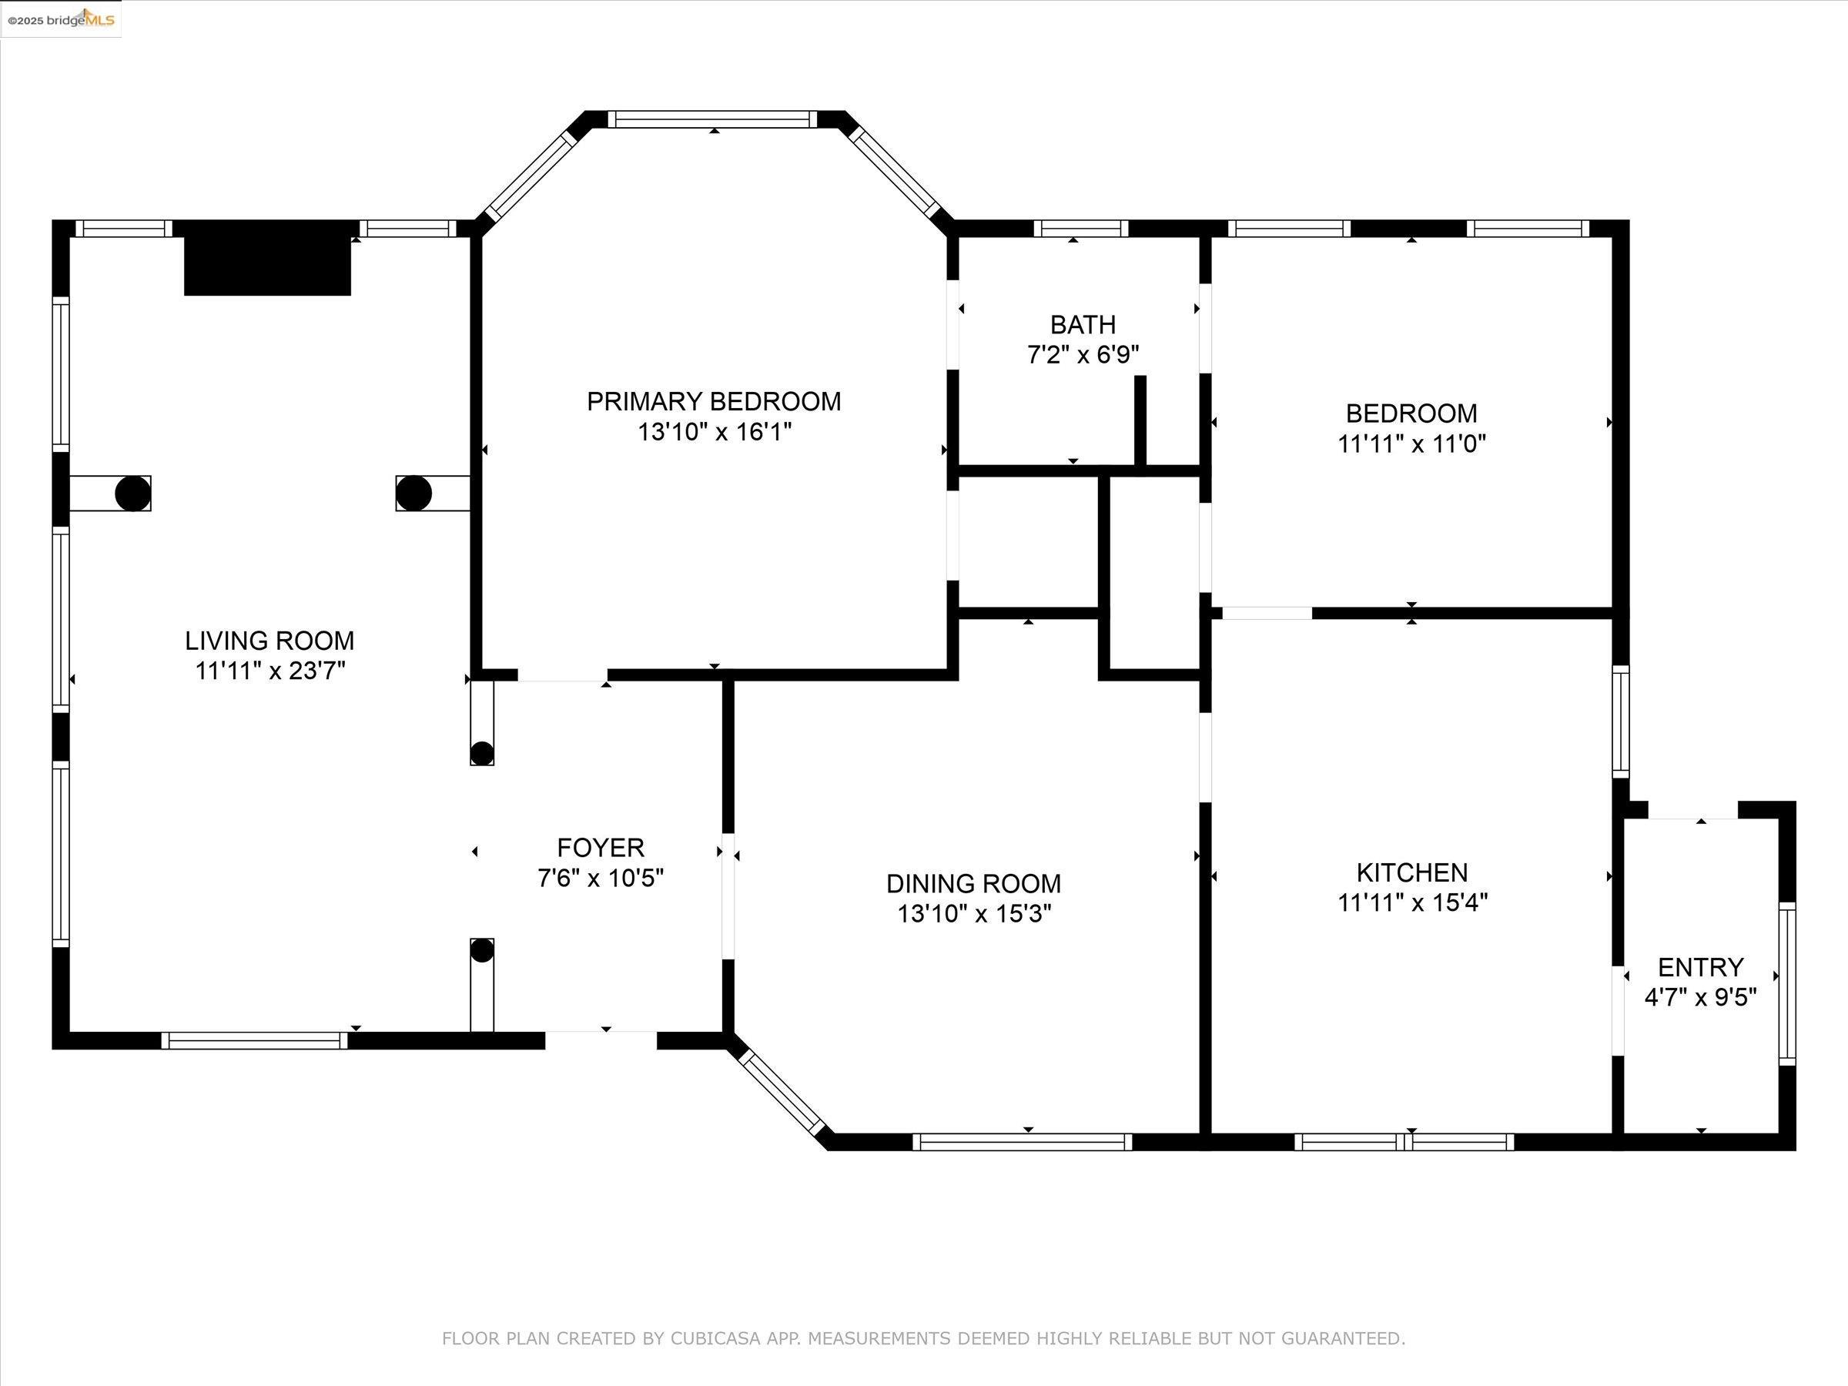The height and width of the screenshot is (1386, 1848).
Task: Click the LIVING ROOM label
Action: coord(269,641)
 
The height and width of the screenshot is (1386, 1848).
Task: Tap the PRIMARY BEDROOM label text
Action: coord(714,402)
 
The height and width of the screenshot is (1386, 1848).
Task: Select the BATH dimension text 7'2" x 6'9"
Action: coord(1083,355)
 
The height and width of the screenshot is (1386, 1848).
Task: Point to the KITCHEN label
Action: coord(1412,873)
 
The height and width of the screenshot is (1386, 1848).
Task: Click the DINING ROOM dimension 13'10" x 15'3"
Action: coord(974,914)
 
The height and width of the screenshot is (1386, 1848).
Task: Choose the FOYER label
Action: coord(601,848)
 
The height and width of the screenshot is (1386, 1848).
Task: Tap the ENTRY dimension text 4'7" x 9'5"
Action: coord(1700,997)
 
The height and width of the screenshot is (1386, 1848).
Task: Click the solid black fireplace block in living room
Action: coord(267,258)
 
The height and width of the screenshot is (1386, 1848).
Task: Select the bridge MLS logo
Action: coord(62,19)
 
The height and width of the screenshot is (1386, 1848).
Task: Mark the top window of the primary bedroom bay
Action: coord(712,119)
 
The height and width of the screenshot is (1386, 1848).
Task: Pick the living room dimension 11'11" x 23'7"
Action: coord(269,671)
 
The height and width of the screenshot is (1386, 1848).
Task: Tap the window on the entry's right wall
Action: coord(1787,984)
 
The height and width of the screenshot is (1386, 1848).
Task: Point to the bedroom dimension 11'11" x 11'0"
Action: coord(1412,444)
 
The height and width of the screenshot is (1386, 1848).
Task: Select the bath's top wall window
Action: coord(1081,228)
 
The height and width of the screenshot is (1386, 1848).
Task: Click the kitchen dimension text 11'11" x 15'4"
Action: coord(1413,903)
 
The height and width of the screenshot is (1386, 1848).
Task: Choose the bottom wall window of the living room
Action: coord(255,1040)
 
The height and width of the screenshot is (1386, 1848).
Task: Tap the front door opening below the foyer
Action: coord(601,1040)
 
